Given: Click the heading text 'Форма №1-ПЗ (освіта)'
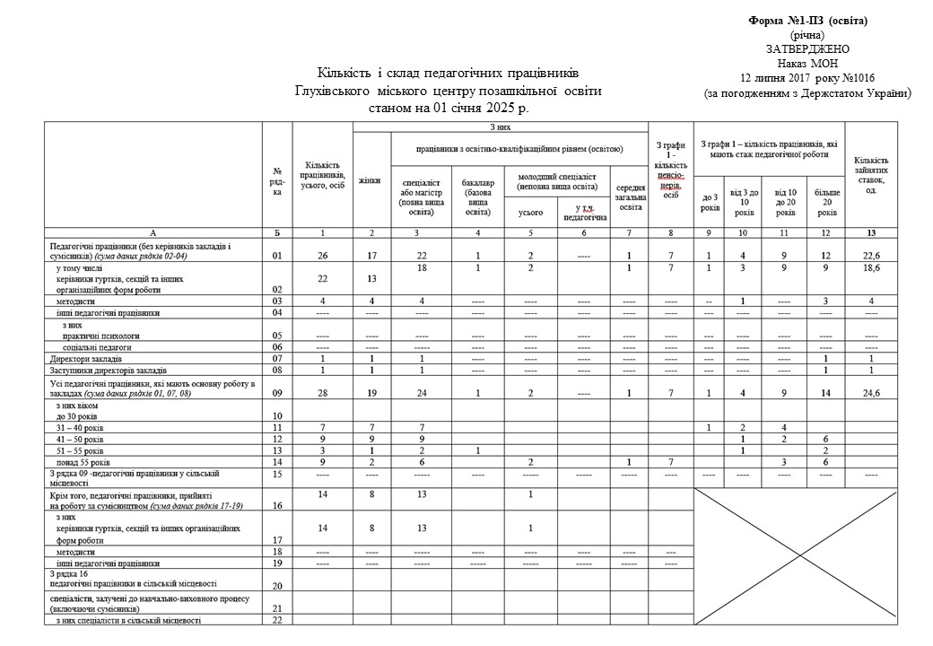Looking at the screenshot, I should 808,20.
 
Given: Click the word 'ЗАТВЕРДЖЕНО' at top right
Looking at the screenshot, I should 808,48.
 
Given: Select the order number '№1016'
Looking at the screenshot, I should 858,77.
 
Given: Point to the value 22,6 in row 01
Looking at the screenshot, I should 872,256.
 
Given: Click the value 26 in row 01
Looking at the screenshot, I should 323,256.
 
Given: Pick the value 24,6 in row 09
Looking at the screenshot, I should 872,393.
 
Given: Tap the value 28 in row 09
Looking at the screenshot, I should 323,393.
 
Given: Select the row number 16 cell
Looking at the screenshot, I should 277,506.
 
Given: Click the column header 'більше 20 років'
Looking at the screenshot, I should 827,202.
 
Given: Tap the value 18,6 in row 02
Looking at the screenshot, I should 872,267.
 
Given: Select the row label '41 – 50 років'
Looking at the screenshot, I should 86,439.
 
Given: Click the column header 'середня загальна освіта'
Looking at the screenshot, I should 632,197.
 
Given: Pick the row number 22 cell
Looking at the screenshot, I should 277,620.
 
